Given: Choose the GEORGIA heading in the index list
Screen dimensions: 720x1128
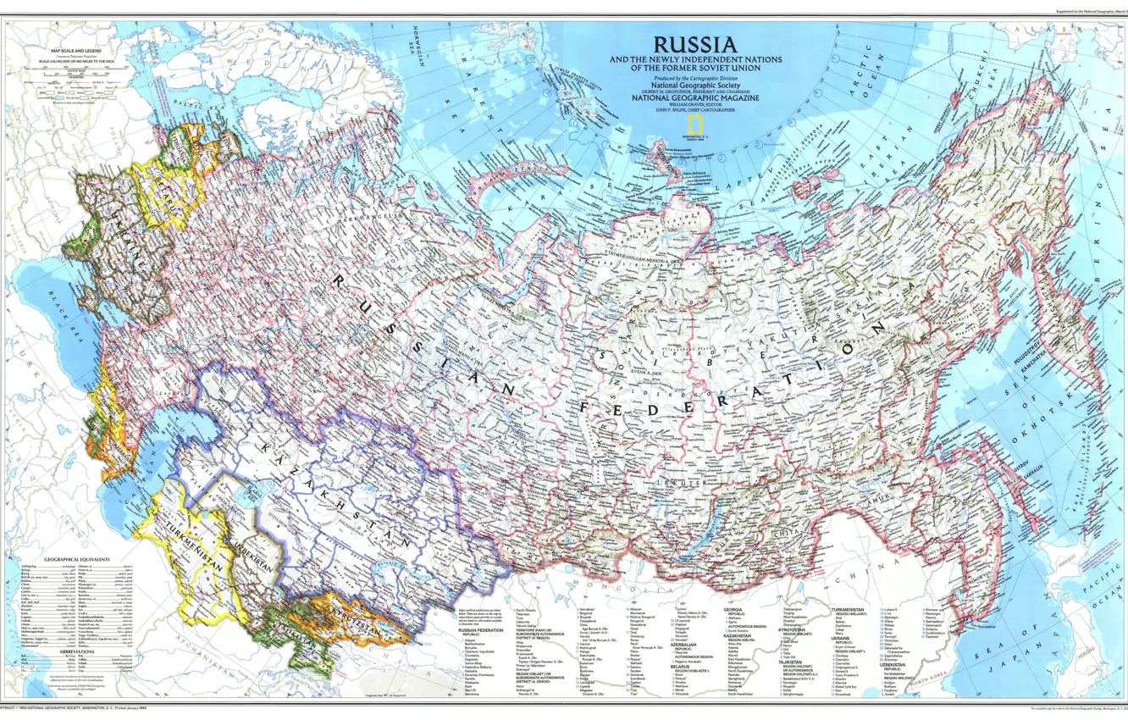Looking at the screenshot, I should click(x=733, y=609).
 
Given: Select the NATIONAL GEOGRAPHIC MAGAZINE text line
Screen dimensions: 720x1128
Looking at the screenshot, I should click(x=694, y=98).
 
